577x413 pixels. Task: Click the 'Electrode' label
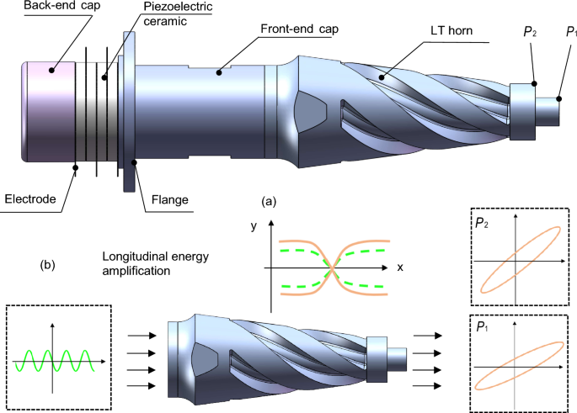pyautogui.click(x=30, y=199)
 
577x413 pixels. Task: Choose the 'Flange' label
pyautogui.click(x=168, y=199)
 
